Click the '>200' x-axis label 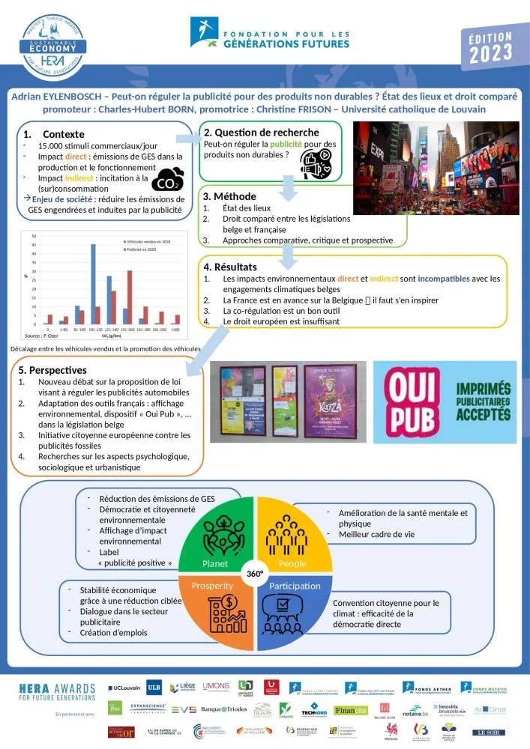coord(175,330)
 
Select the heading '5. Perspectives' coord(53,370)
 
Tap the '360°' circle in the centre coord(256,574)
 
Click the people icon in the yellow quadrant coord(292,534)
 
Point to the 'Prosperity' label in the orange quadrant coord(213,586)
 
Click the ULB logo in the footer coord(153,687)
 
